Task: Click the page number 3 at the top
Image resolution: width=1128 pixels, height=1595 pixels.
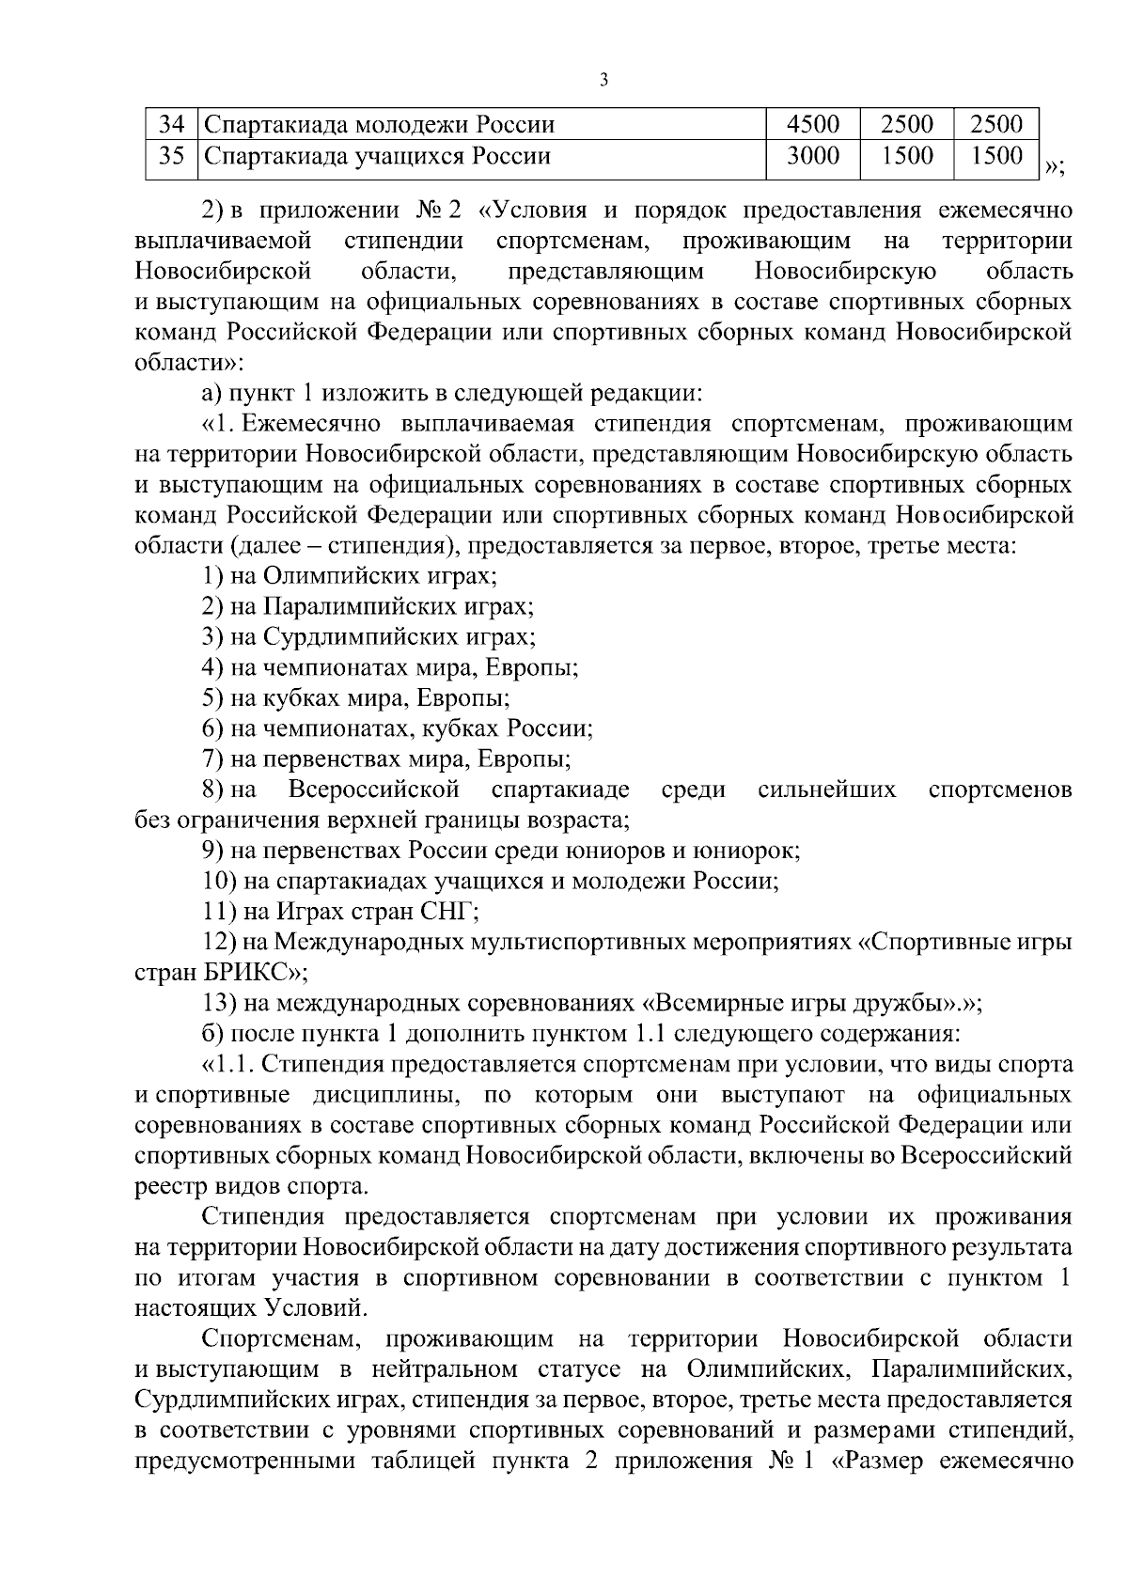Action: (x=603, y=81)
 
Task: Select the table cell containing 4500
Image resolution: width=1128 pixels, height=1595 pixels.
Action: (x=812, y=125)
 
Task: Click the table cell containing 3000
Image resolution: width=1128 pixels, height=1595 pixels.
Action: (x=812, y=157)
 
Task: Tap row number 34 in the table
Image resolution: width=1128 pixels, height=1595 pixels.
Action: (x=171, y=125)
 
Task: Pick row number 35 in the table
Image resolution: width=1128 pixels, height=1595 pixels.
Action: (x=171, y=157)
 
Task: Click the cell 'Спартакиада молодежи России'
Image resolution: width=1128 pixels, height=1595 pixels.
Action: (x=380, y=125)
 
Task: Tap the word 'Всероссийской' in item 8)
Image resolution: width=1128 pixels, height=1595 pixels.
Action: (x=374, y=790)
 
